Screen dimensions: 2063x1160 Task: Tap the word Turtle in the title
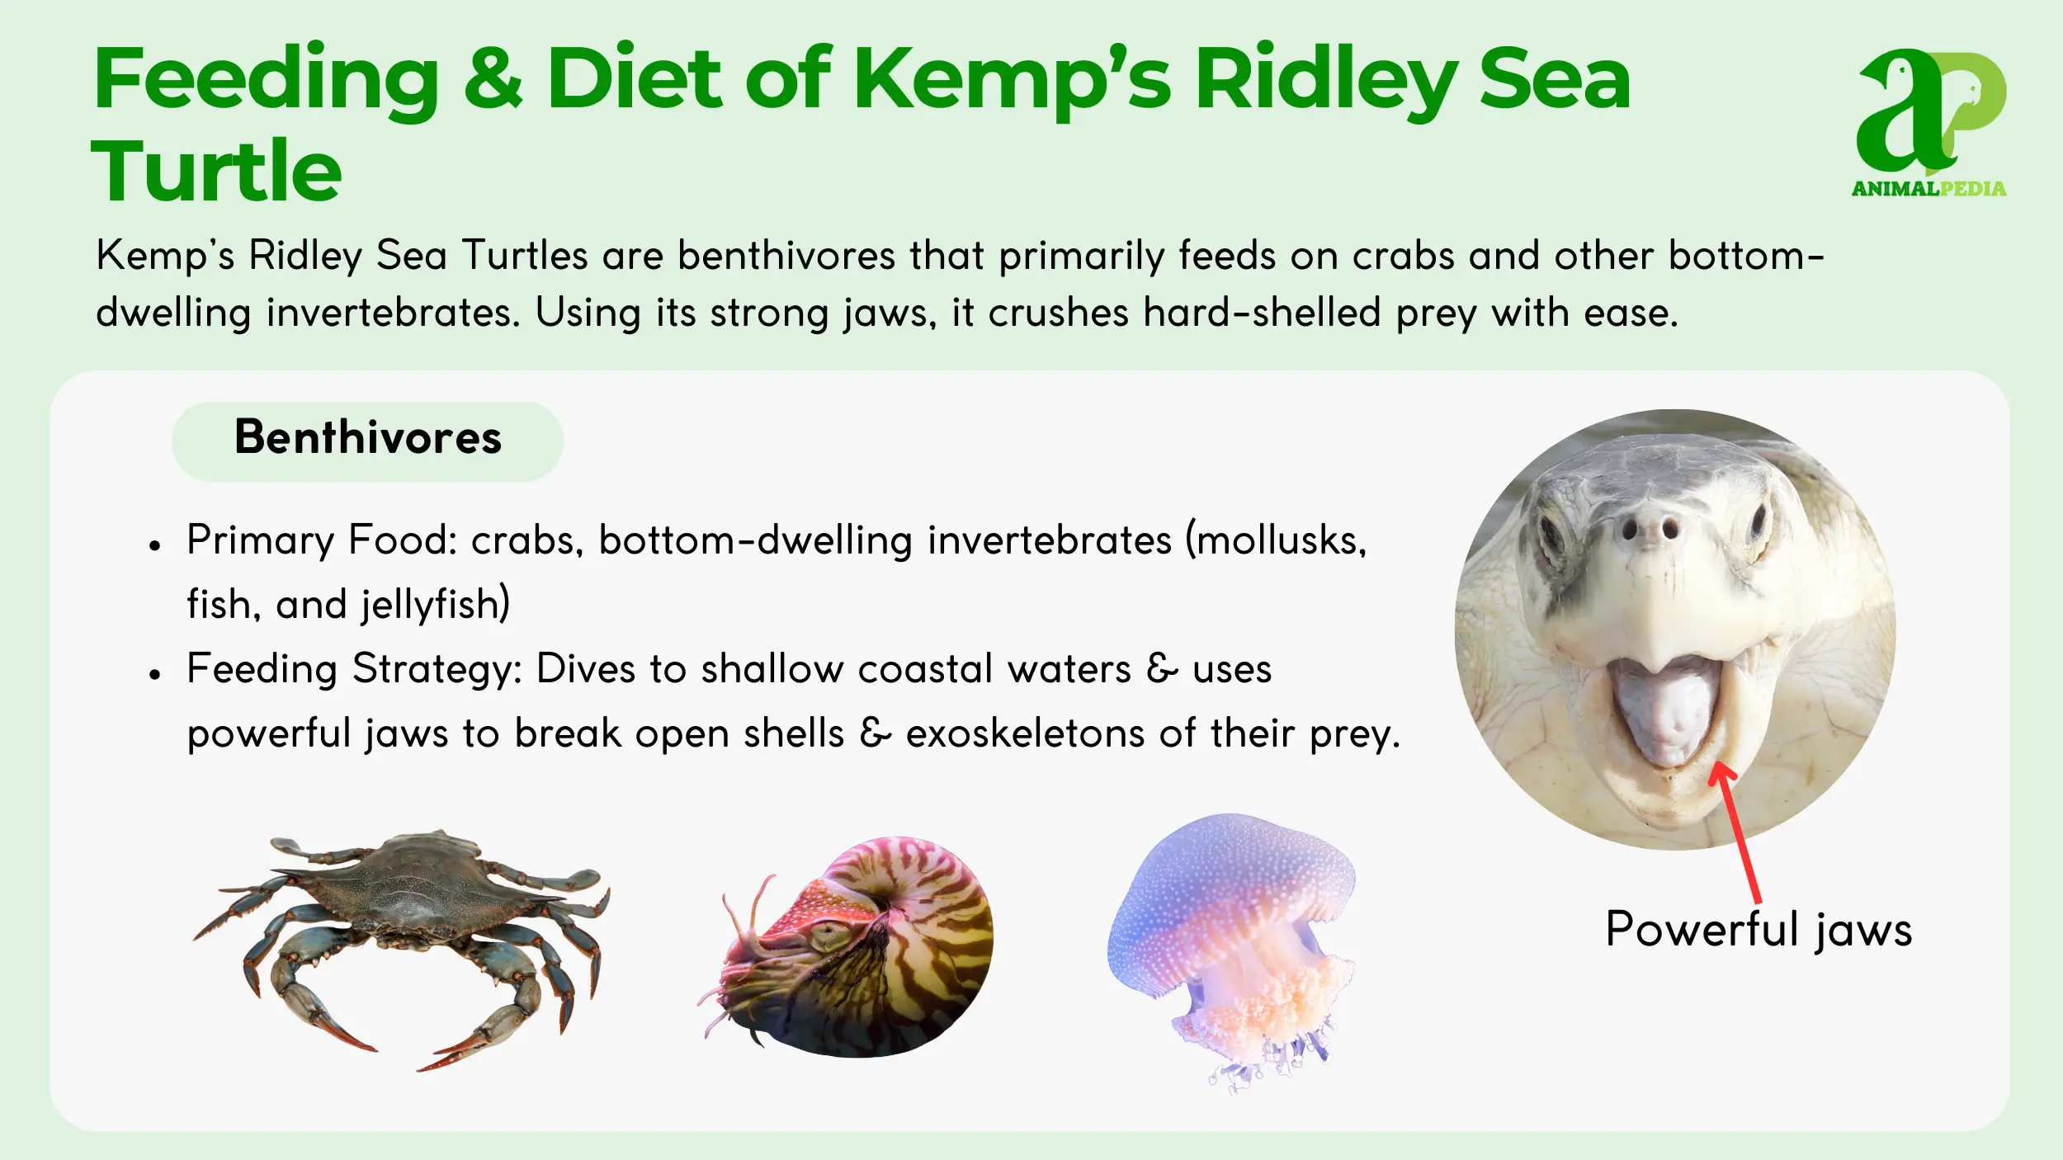pos(216,171)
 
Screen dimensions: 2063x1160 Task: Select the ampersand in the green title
pos(493,78)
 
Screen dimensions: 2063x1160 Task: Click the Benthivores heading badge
pos(367,441)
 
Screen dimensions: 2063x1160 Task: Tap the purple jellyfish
pos(1231,949)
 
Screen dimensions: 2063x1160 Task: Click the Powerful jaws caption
pos(1759,931)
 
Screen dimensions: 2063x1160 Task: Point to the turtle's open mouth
pos(1663,710)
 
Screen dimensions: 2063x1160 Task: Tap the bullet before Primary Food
pos(154,545)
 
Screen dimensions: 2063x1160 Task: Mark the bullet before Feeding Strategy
pos(154,674)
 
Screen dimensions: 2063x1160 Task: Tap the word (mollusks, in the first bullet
pos(1277,541)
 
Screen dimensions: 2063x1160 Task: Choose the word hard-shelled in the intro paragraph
pos(1262,313)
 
